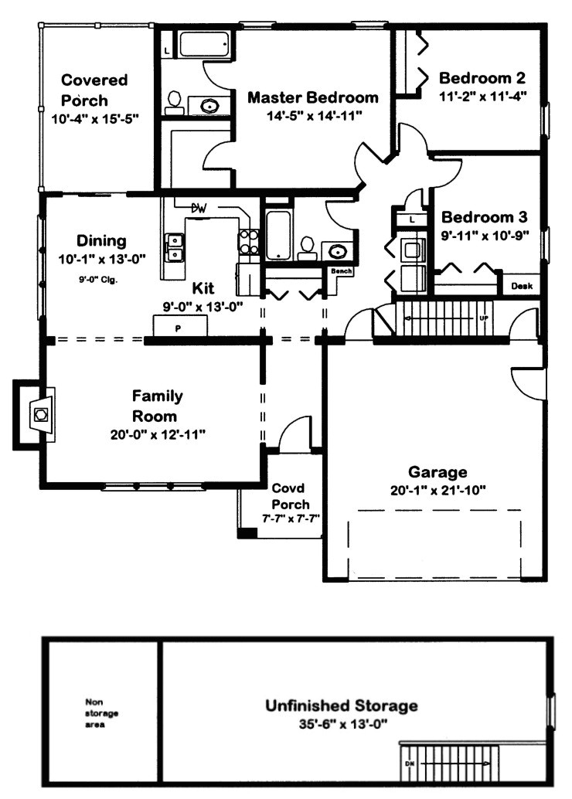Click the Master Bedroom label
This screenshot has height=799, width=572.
click(x=313, y=97)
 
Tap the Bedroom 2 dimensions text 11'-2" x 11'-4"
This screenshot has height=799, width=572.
click(x=482, y=97)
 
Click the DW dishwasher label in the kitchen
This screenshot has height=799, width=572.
click(x=198, y=208)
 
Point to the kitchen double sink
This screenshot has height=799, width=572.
click(x=175, y=247)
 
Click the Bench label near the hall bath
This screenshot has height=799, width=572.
click(x=341, y=271)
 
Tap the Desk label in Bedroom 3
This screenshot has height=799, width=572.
click(x=522, y=286)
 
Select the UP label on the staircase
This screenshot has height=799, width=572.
click(x=484, y=318)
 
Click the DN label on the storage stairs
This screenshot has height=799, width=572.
click(x=410, y=763)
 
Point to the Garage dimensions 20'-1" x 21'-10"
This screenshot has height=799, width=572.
click(x=438, y=491)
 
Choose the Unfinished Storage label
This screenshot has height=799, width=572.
click(x=342, y=705)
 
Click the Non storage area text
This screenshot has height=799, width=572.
click(x=101, y=713)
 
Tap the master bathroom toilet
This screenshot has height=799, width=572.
click(x=175, y=103)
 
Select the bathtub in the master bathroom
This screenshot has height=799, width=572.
click(x=203, y=44)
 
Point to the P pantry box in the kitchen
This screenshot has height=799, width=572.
click(x=180, y=326)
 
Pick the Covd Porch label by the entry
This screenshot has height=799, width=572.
click(x=290, y=496)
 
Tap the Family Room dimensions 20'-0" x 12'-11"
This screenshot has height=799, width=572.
click(x=158, y=435)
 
